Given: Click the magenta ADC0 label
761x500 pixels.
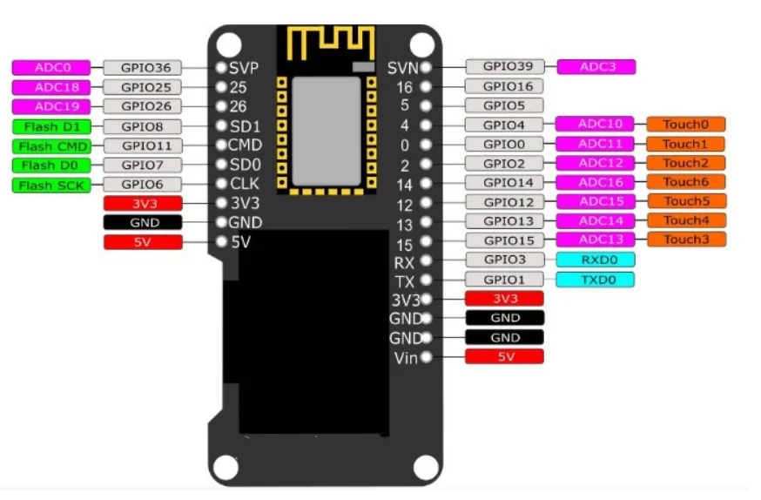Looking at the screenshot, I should (51, 67).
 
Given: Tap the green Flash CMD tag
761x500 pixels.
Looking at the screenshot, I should (51, 145).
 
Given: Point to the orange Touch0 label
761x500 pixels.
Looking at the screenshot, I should (685, 125).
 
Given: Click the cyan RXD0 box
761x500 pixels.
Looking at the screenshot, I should (595, 260).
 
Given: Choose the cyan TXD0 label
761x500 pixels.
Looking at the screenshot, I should (595, 280).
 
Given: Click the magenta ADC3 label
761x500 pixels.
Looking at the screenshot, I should (596, 66).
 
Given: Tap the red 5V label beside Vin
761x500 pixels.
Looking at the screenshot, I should (505, 356).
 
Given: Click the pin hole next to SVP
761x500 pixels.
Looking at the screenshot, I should (221, 67).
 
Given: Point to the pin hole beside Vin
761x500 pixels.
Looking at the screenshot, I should (426, 357).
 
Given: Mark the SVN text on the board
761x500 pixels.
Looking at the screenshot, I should (403, 67).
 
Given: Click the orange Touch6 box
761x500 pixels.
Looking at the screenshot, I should (685, 182).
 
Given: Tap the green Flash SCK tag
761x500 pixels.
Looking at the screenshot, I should (51, 184).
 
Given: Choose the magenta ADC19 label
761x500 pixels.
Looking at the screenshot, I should (51, 106).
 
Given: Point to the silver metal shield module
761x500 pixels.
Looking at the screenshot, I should (326, 131).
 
